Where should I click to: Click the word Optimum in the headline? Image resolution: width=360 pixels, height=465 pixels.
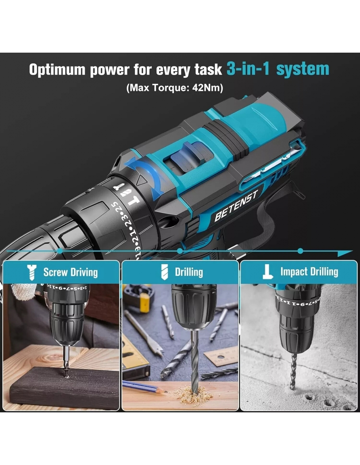[x=57, y=70]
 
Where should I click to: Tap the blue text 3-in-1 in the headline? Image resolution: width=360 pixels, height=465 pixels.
[x=248, y=69]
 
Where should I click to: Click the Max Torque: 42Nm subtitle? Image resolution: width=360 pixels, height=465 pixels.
[x=175, y=88]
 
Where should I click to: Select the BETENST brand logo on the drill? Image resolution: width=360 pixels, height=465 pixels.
[x=236, y=206]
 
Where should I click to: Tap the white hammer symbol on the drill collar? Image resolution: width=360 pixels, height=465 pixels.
[x=133, y=201]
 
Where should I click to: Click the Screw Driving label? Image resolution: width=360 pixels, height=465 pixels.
[x=71, y=272]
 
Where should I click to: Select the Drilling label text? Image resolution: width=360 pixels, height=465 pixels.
[x=189, y=272]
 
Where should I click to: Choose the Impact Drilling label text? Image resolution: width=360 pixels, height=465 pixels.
[x=309, y=272]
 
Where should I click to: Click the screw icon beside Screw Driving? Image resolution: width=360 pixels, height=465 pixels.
[x=32, y=272]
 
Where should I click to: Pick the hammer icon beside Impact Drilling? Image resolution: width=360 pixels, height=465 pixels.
[x=268, y=272]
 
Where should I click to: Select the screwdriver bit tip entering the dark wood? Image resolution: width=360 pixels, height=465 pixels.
[x=67, y=372]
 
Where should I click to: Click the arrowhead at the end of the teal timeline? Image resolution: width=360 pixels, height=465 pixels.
[x=345, y=253]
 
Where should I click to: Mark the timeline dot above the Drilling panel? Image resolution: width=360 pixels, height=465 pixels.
[x=180, y=250]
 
